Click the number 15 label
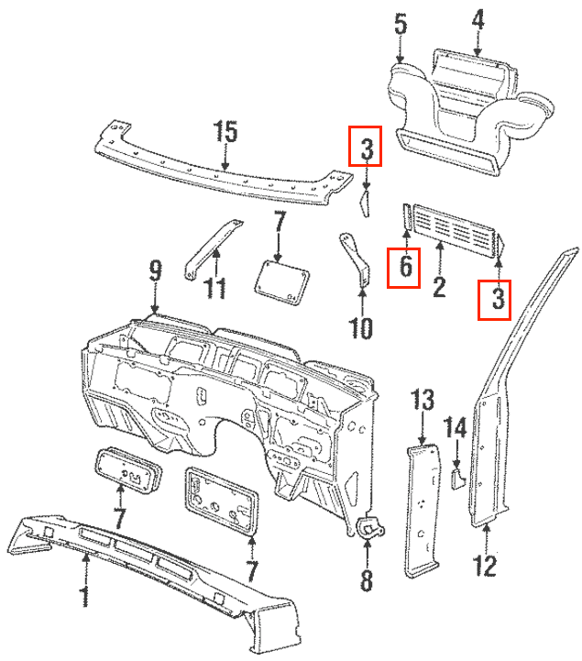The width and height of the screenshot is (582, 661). (225, 132)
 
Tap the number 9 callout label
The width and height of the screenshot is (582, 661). (155, 270)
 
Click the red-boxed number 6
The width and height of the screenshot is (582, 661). (403, 269)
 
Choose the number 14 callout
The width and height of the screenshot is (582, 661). (456, 428)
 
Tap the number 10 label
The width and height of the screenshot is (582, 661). (360, 326)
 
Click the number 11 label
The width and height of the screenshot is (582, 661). (214, 288)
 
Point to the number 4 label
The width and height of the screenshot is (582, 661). (478, 19)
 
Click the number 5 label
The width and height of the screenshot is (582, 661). (401, 23)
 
